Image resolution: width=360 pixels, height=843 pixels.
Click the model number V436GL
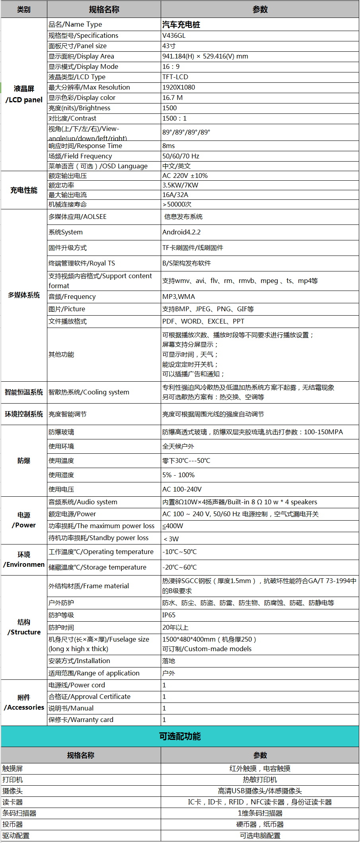pos(174,35)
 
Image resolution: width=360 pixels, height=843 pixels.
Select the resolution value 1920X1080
pos(179,87)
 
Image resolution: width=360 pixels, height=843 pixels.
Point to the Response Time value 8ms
pos(169,146)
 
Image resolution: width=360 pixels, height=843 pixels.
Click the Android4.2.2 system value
pos(181,232)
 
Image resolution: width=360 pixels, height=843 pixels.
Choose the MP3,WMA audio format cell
pos(179,297)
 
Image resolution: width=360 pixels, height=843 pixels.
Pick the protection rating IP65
pos(169,615)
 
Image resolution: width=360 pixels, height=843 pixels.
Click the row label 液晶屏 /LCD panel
pos(24,94)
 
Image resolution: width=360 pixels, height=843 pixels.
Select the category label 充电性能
pos(24,190)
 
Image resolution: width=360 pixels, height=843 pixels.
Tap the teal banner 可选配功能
pos(180,736)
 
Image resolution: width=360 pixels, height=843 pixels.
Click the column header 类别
pos(24,9)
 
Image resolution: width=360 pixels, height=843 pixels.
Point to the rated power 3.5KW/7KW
pos(180,185)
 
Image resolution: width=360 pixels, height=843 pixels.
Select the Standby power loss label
pos(98,538)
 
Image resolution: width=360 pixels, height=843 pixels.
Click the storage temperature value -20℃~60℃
pos(179,567)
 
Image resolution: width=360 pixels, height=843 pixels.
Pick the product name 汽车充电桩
pos(181,24)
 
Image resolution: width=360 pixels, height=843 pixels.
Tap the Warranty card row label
pos(81,720)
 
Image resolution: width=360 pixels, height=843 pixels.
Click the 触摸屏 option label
pos(13,769)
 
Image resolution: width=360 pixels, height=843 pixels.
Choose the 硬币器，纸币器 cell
pos(260,824)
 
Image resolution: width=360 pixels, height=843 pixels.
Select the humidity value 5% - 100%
pos(178,475)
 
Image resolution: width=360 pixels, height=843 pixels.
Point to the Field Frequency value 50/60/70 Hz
pos(181,156)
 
